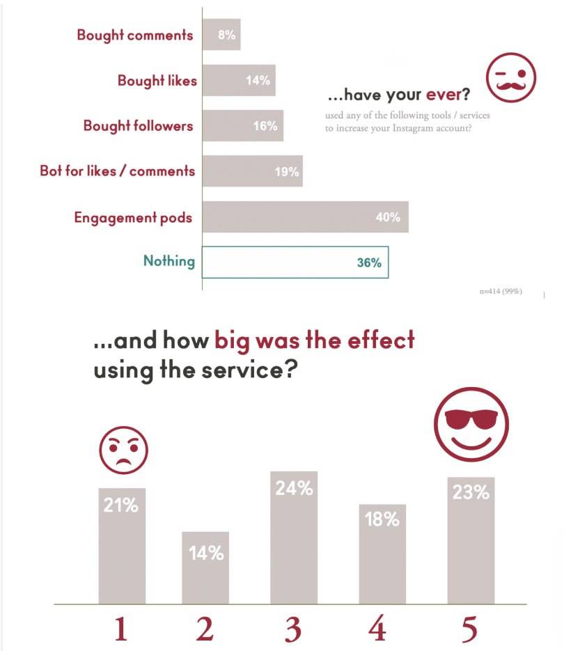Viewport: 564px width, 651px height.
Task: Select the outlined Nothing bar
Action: [x=295, y=262]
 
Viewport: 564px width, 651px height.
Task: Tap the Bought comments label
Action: [x=134, y=35]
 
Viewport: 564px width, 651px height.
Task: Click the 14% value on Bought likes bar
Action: [x=258, y=81]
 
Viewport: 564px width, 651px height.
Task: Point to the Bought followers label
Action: [x=138, y=126]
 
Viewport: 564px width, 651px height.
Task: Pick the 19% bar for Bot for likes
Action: [x=252, y=171]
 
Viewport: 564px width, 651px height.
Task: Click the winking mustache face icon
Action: [x=511, y=76]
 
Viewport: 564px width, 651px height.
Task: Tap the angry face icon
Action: [x=123, y=449]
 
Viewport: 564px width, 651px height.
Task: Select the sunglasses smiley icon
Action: [x=471, y=424]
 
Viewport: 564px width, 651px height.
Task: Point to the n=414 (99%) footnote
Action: [x=501, y=290]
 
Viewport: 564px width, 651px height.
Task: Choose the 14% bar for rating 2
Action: [x=205, y=567]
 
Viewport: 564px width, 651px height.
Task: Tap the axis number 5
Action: [x=470, y=629]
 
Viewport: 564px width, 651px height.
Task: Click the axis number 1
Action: [x=120, y=629]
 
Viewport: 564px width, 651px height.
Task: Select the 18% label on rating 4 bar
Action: [x=382, y=519]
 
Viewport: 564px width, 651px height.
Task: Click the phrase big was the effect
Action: [x=314, y=340]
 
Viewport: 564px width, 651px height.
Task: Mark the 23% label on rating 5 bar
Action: [x=471, y=492]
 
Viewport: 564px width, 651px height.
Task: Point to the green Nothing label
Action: [x=169, y=261]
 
